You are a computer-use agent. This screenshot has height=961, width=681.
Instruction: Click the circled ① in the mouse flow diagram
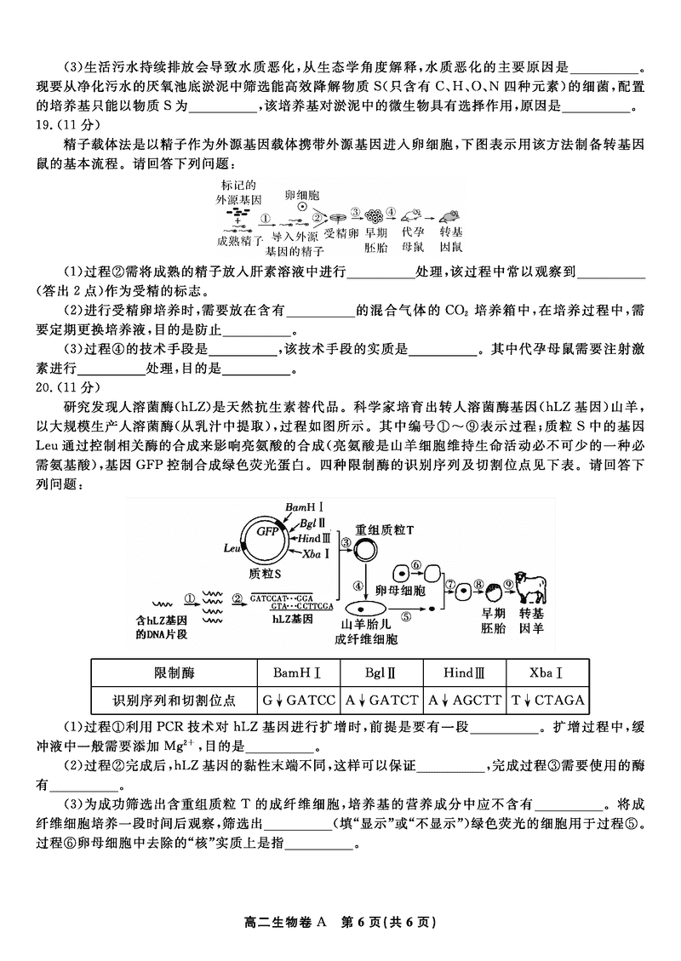[265, 218]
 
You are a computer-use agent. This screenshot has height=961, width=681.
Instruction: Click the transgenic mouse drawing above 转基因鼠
[450, 216]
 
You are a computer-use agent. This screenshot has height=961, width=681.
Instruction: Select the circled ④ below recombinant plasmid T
[358, 586]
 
